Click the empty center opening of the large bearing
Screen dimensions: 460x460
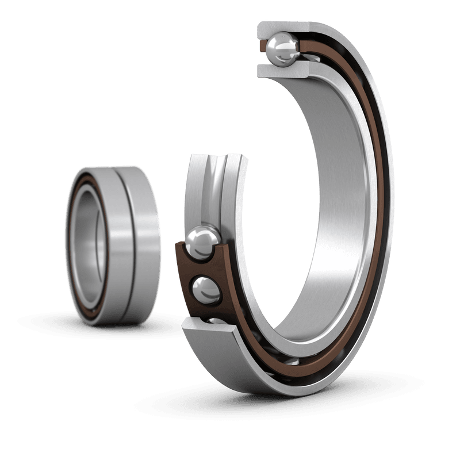coord(287,230)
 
